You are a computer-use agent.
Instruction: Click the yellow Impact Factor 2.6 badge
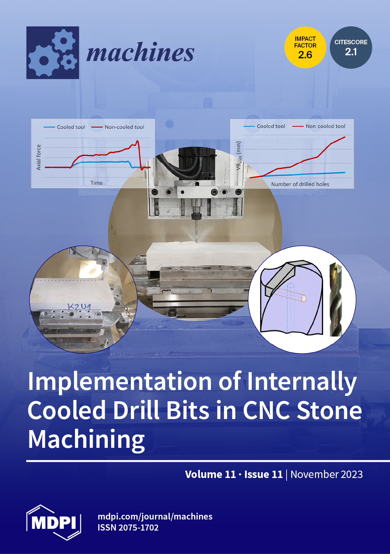(305, 47)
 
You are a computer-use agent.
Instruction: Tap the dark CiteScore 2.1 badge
(351, 47)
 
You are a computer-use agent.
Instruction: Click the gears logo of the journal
(53, 53)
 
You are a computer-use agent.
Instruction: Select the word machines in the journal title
(140, 52)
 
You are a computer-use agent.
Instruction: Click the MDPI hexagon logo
(54, 522)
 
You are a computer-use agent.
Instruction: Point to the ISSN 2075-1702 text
(128, 528)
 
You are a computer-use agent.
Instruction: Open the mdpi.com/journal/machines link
(155, 516)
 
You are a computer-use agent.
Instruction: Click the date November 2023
(326, 474)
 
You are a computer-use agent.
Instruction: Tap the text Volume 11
(210, 474)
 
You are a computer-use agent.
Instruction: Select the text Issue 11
(263, 474)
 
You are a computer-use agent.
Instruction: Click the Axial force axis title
(38, 157)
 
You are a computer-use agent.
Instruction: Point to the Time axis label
(96, 183)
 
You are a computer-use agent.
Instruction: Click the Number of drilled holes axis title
(300, 184)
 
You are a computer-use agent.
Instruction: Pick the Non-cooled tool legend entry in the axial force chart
(118, 127)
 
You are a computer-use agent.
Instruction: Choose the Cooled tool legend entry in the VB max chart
(264, 126)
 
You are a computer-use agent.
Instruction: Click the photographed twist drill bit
(336, 299)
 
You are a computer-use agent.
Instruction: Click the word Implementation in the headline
(120, 382)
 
